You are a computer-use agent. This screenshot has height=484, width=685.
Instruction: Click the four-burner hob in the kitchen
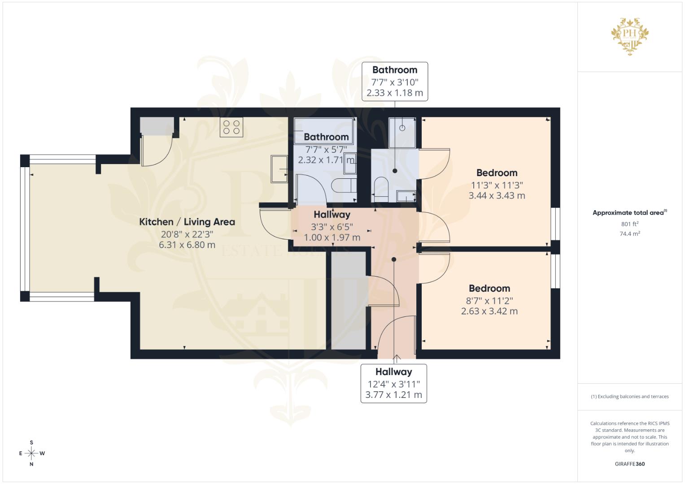(x=231, y=127)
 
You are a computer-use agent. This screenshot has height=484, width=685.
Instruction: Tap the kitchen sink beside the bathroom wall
(x=279, y=169)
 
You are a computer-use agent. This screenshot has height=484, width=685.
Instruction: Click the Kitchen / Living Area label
(x=187, y=222)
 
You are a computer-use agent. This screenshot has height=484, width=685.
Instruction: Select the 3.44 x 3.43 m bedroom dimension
(x=497, y=195)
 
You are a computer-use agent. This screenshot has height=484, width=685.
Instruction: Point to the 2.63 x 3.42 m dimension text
(x=489, y=311)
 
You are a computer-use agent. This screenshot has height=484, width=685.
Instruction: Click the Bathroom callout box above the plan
(x=395, y=82)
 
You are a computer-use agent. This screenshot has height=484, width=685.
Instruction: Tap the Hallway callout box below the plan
(x=394, y=384)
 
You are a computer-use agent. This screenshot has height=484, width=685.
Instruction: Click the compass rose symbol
(x=31, y=454)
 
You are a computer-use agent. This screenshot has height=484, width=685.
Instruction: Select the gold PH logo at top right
(x=630, y=36)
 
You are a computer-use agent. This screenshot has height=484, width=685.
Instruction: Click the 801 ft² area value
(x=630, y=224)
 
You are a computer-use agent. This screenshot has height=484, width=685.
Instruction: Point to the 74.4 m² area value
(x=630, y=234)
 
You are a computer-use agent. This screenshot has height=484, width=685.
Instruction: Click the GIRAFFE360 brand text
(x=630, y=464)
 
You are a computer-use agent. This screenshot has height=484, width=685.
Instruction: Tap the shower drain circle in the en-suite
(x=402, y=128)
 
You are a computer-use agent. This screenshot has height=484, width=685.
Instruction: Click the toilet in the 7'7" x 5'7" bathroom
(x=344, y=186)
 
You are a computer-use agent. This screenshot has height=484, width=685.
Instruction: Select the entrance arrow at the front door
(x=397, y=359)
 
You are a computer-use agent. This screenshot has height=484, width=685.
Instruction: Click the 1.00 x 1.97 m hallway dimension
(x=332, y=238)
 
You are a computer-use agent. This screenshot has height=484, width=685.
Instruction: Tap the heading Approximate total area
(x=630, y=213)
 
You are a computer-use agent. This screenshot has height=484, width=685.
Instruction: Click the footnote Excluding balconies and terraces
(x=630, y=397)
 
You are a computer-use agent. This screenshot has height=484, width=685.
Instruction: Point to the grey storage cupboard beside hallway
(x=349, y=301)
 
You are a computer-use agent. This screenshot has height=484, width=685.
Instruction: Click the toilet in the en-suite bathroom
(x=381, y=189)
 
